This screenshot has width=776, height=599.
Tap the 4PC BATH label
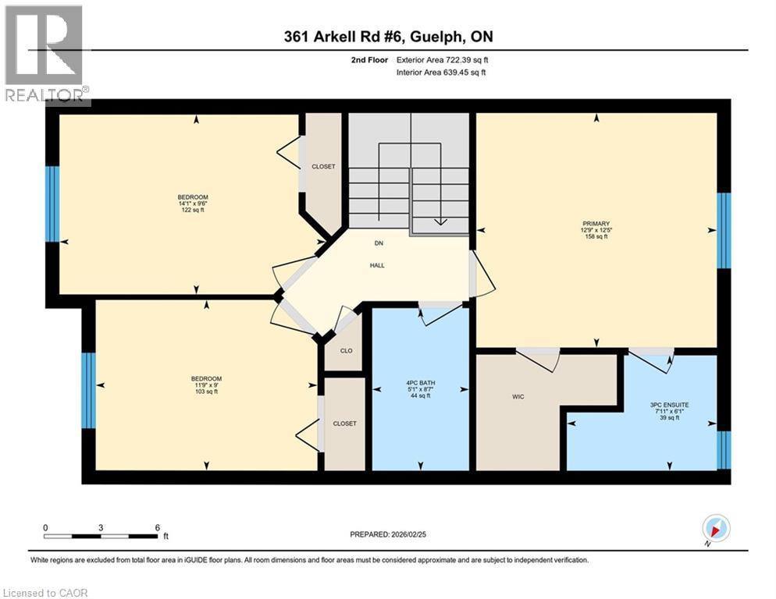click(421, 383)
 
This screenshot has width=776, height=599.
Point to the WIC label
click(518, 397)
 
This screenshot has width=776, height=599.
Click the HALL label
click(377, 265)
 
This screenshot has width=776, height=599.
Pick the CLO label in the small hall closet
click(345, 351)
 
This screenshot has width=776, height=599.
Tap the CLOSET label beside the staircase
click(323, 166)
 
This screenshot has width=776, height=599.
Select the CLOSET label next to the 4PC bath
click(344, 424)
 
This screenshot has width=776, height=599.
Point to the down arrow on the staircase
click(440, 220)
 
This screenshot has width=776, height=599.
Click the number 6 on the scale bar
click(158, 527)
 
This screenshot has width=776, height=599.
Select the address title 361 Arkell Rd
click(387, 37)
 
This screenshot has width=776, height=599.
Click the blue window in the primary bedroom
click(724, 230)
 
